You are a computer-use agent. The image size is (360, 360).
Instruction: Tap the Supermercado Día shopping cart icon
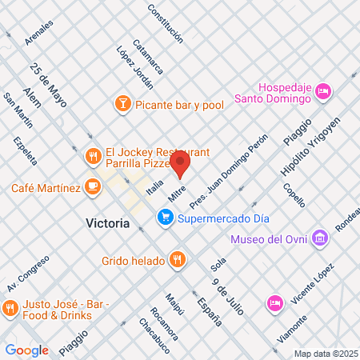(166, 217)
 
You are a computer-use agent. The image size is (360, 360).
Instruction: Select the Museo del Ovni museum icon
(320, 238)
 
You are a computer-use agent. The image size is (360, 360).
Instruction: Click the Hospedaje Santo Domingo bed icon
(323, 92)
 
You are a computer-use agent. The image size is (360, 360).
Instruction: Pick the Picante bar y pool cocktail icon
(122, 102)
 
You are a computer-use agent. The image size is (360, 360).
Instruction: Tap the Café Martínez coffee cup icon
(94, 188)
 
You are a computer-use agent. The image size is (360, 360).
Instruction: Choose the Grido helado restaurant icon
(178, 260)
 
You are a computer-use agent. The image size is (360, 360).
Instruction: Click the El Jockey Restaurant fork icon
(94, 156)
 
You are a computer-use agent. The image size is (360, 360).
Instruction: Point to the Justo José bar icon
(11, 307)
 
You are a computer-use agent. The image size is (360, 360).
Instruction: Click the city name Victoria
(107, 224)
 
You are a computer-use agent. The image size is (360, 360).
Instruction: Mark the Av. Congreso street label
(23, 276)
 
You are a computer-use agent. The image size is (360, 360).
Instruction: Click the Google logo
(26, 350)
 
